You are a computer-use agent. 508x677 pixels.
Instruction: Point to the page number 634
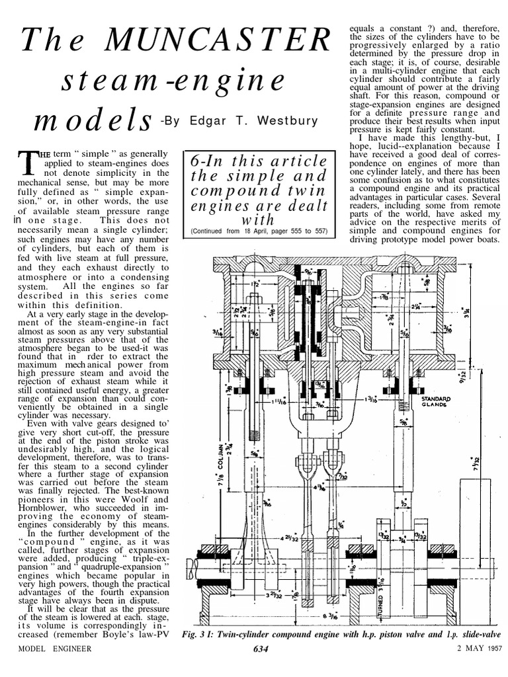coord(261,649)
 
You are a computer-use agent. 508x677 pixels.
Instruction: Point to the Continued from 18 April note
coord(257,231)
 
